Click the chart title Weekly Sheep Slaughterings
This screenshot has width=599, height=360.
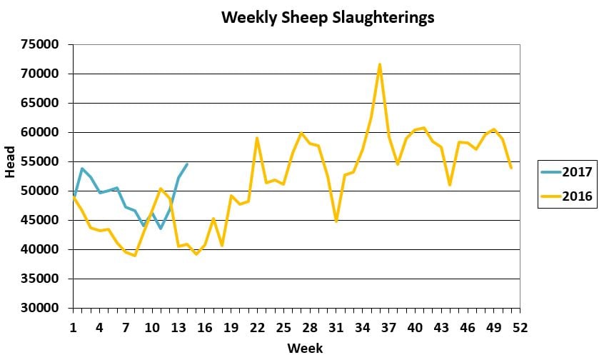click(328, 18)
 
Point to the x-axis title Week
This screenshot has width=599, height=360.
click(305, 348)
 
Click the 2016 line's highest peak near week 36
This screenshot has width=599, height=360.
click(380, 64)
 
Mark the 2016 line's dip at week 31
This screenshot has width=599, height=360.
click(336, 221)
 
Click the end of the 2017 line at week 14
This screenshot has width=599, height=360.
click(187, 164)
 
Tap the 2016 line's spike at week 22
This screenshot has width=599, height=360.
click(257, 138)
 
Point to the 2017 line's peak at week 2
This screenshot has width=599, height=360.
click(82, 169)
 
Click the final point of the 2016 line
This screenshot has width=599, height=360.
click(511, 168)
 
